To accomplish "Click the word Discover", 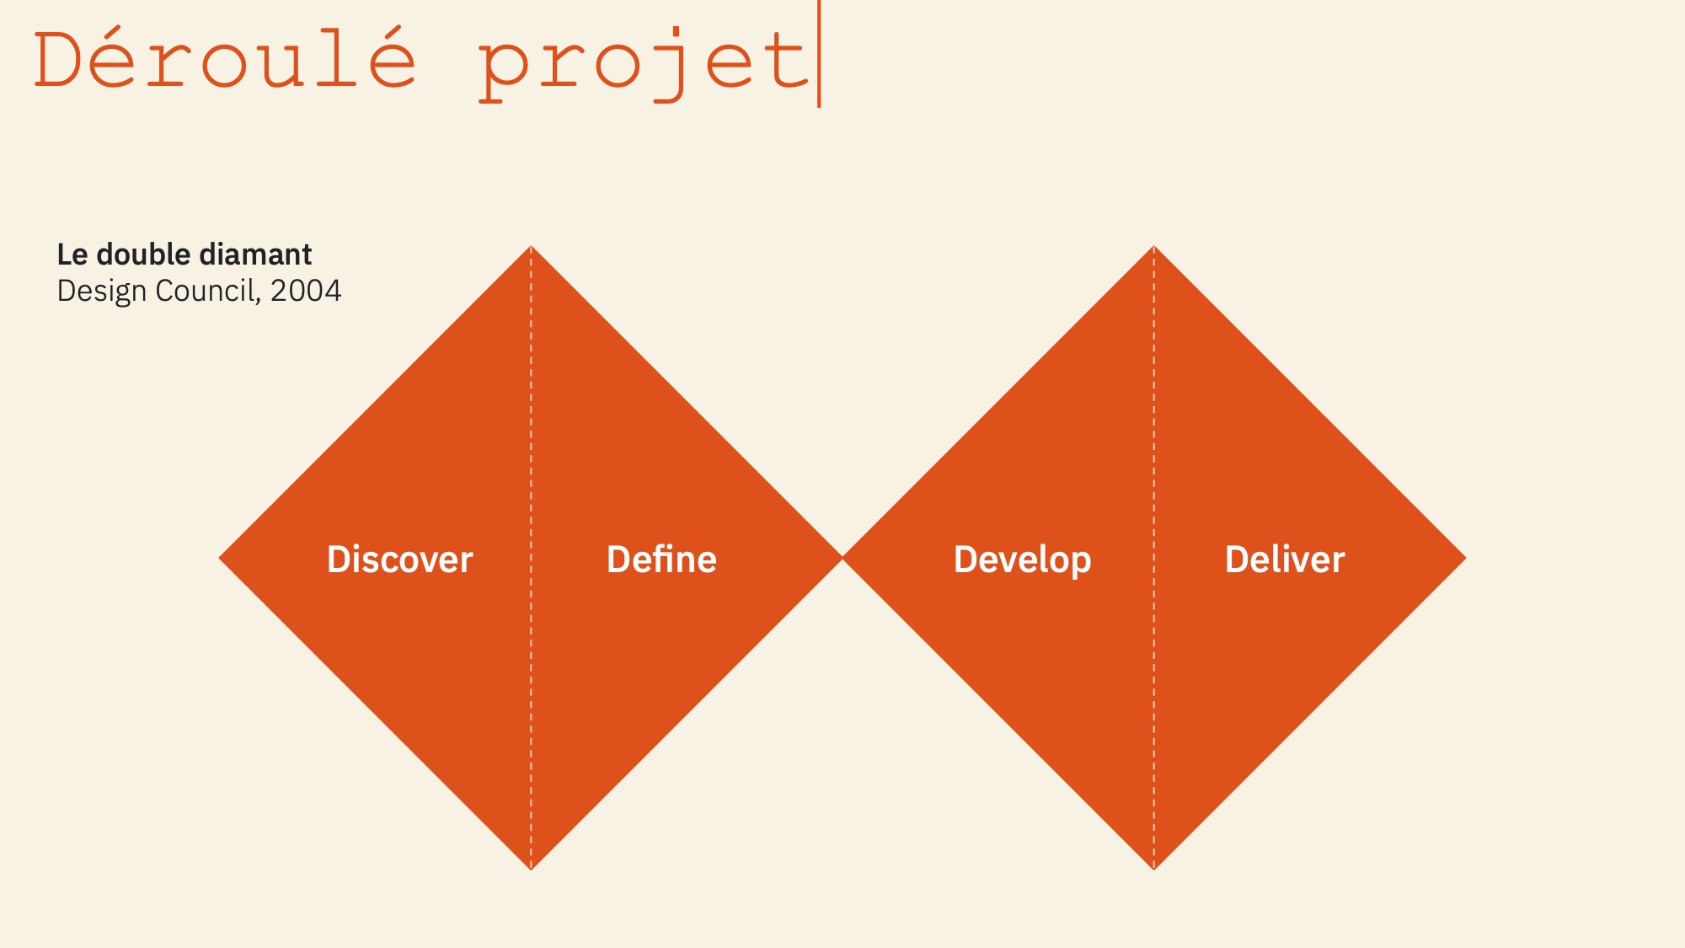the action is coord(400,560).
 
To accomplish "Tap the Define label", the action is coord(661,560).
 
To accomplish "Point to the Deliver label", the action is coord(1285,560).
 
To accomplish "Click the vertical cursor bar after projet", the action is coord(819,54).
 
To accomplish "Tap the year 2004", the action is coord(306,291).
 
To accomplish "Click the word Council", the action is coord(206,291).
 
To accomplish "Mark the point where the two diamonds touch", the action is coord(842,558).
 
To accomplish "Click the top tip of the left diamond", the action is coord(531,246).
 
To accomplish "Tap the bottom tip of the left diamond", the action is coord(531,870).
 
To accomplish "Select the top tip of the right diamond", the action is coord(1154,246).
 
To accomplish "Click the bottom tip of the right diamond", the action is coord(1154,870).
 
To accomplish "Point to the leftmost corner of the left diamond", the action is coord(220,558).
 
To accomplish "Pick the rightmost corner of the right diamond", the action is coord(1465,558).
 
